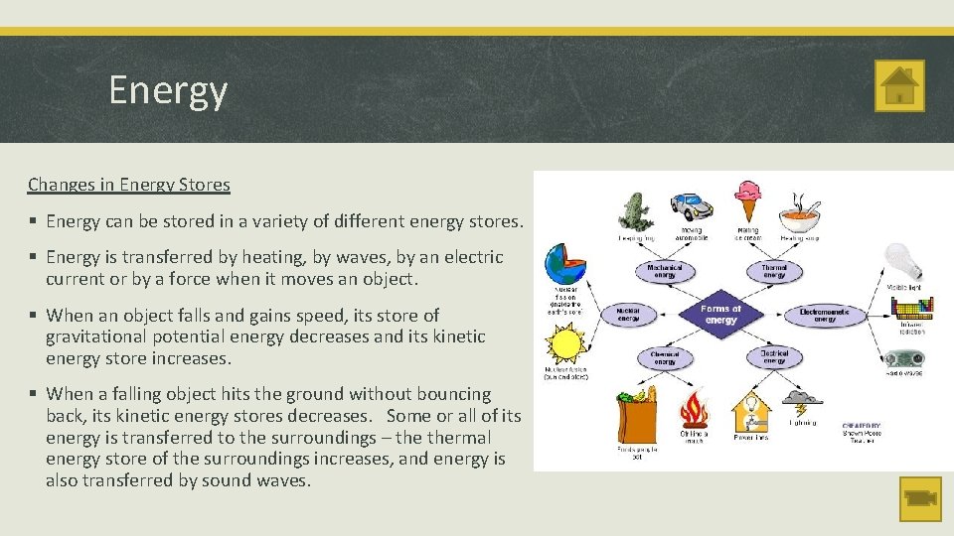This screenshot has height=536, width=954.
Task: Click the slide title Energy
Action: (x=168, y=90)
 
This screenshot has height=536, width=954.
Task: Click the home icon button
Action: (x=899, y=85)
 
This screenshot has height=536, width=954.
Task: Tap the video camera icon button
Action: (x=919, y=498)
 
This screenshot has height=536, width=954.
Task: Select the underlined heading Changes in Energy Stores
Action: (x=129, y=185)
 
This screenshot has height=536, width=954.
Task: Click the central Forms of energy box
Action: (x=720, y=315)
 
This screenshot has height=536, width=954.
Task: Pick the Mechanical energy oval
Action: (x=665, y=271)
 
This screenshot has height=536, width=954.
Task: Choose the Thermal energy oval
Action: (x=774, y=271)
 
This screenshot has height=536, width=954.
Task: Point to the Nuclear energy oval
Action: (x=629, y=315)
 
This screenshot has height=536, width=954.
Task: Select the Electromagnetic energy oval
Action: (x=825, y=315)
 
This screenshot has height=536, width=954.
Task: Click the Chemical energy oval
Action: (x=665, y=357)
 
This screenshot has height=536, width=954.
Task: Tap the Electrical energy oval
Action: (x=774, y=357)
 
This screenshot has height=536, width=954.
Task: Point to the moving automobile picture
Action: (x=691, y=205)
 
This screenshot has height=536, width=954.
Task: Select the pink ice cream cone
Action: (x=747, y=201)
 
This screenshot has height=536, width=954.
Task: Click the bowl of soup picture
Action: (x=800, y=213)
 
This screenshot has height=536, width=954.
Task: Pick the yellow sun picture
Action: (x=565, y=346)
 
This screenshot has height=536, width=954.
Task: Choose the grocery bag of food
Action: (x=636, y=414)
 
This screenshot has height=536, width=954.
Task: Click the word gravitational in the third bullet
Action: (x=92, y=336)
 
